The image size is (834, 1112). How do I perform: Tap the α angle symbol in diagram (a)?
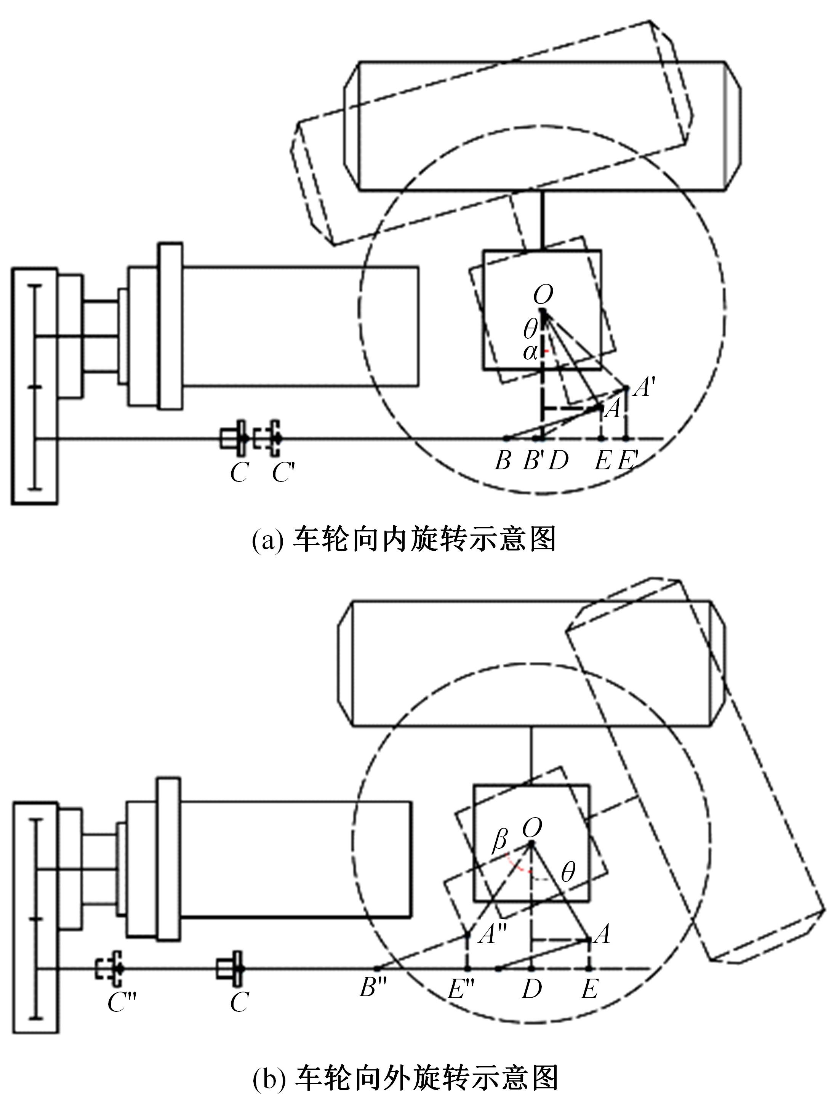(x=530, y=352)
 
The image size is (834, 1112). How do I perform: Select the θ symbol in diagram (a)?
(x=530, y=329)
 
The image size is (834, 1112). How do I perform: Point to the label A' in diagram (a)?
(x=642, y=387)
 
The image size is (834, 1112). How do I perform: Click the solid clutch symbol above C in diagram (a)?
(x=234, y=438)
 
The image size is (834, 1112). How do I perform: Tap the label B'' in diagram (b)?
(x=373, y=988)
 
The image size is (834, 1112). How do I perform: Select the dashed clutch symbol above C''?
(x=110, y=968)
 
